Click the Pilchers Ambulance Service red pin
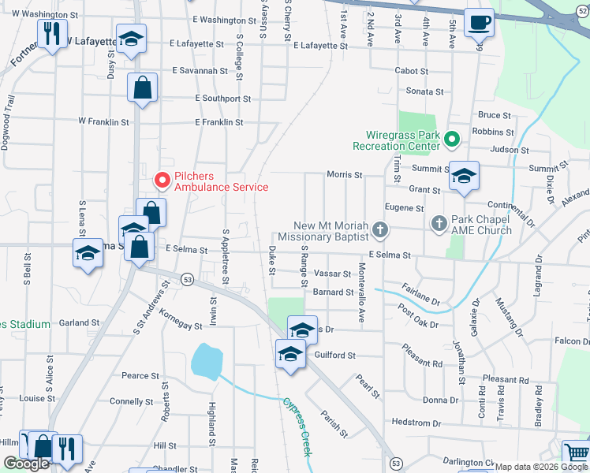tap(162, 181)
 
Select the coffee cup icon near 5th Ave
tap(478, 22)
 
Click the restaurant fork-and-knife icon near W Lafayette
tap(52, 33)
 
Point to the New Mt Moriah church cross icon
tap(380, 230)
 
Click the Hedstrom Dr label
tap(415, 423)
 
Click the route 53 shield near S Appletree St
tap(187, 279)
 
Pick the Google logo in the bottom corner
tap(26, 464)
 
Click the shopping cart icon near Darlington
tap(576, 453)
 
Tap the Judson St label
tap(509, 150)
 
